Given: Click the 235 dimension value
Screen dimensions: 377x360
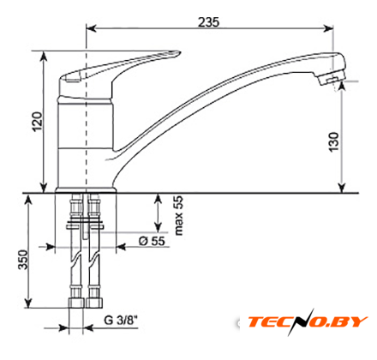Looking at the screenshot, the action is click(x=209, y=22).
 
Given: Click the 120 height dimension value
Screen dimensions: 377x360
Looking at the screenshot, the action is click(x=37, y=122).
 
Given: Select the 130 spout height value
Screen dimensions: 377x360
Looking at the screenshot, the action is click(x=333, y=142).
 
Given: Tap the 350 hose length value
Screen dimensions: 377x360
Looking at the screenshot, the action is click(x=23, y=260).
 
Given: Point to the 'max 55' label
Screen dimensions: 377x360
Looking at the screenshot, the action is click(x=178, y=215).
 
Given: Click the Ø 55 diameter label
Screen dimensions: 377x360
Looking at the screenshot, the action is click(x=152, y=241).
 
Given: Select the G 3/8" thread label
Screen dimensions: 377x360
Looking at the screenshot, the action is click(x=121, y=320).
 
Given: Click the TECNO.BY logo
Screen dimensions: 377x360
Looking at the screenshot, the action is click(x=308, y=321).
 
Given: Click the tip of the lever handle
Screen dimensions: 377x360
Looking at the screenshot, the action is click(x=179, y=52).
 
